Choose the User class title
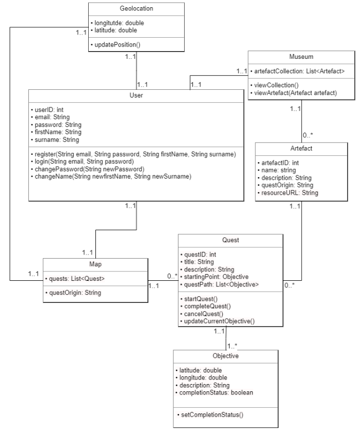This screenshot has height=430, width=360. tap(136, 95)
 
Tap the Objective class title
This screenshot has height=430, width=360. tap(225, 355)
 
